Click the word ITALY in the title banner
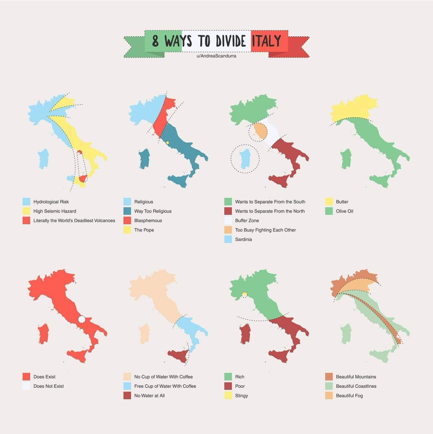tap(267, 41)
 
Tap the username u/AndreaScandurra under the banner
tap(216, 56)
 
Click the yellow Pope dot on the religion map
tap(168, 143)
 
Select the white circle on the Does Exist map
tap(82, 319)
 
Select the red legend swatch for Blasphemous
tap(127, 220)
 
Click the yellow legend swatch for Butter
tap(329, 201)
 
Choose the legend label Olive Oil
tap(345, 211)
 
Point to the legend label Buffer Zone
tap(247, 220)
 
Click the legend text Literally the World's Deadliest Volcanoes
tap(74, 220)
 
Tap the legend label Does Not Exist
tap(49, 386)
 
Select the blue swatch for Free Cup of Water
tap(127, 386)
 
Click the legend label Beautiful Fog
tap(349, 395)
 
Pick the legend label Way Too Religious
tap(153, 211)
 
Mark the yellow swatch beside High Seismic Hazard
tap(26, 211)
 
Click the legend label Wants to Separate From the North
tap(270, 211)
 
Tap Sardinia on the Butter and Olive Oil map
tap(346, 158)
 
